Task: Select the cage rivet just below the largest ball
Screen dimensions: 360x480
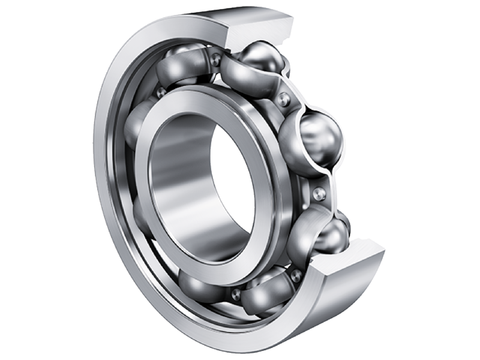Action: tap(320, 193)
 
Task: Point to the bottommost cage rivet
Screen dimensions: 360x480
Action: tap(236, 293)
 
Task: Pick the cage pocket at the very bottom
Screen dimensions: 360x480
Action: tap(264, 294)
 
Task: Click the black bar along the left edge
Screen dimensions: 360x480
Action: tap(24, 180)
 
